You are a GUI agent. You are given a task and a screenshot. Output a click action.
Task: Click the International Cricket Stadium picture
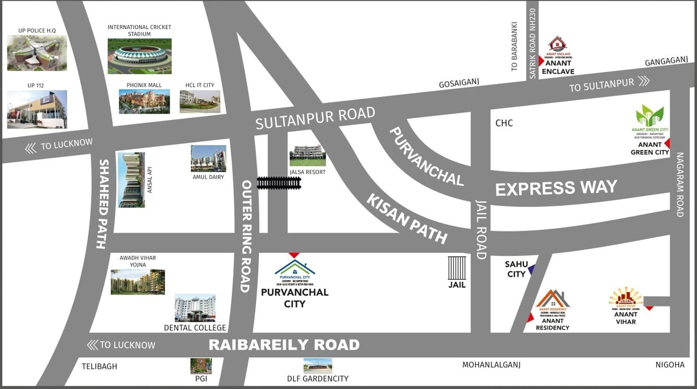tap(139, 56)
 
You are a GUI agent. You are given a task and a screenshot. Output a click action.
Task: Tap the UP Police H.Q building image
tap(37, 53)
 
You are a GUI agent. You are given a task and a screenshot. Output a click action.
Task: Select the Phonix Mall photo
tap(144, 101)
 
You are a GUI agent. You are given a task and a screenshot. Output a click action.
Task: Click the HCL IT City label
tap(200, 85)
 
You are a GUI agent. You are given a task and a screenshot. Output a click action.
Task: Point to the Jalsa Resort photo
tap(307, 155)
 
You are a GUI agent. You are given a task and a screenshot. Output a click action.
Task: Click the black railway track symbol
tap(279, 183)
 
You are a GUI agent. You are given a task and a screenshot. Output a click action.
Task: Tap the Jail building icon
tap(456, 268)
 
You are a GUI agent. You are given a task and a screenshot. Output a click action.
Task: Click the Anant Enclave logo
tap(558, 45)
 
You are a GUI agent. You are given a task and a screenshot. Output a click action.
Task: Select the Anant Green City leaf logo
tap(650, 115)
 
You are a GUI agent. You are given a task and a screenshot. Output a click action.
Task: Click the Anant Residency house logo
tap(552, 300)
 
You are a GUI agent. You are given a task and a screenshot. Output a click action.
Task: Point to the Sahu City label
tap(516, 269)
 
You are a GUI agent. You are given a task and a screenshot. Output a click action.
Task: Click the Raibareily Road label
tap(284, 345)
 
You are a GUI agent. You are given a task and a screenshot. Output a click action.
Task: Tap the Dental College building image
tap(195, 308)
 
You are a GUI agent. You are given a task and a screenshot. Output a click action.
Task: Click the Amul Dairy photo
tap(208, 159)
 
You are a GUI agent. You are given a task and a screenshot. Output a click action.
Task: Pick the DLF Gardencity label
tap(318, 379)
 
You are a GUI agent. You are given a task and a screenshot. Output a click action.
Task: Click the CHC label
tap(504, 123)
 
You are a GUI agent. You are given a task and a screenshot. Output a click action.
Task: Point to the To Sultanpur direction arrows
tap(644, 81)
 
